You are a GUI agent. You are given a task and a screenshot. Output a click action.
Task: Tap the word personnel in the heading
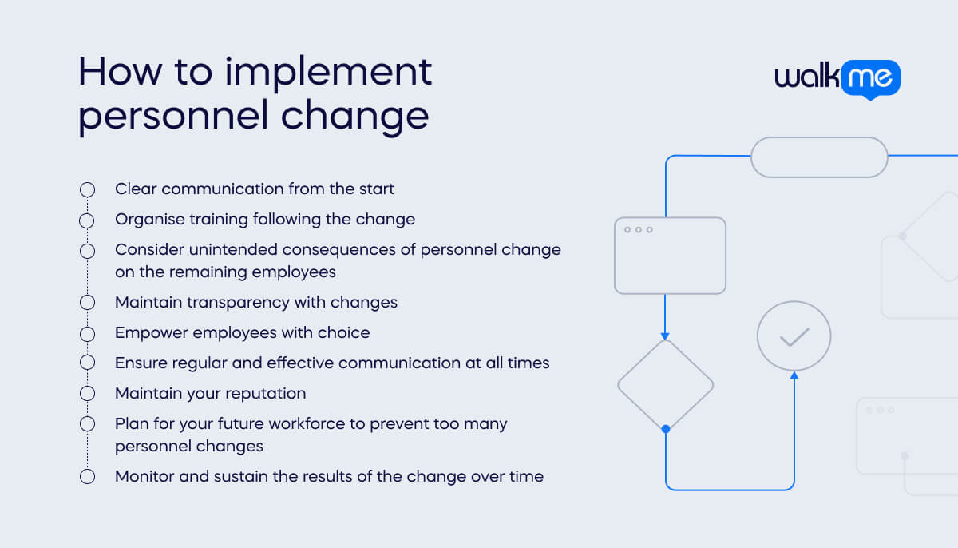tap(172, 116)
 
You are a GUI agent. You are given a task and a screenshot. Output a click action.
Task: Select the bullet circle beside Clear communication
tap(87, 189)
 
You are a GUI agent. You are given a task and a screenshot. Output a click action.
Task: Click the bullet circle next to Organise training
tap(87, 220)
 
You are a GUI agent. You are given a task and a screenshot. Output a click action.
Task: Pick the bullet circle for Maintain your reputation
tap(87, 394)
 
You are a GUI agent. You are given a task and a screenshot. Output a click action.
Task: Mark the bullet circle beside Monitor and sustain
tap(87, 477)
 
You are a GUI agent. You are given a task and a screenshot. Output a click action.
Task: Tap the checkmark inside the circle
tap(794, 337)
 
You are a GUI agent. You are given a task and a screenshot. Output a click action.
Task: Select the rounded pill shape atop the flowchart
tap(819, 157)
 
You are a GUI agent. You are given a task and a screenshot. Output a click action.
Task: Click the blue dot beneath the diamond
tap(666, 429)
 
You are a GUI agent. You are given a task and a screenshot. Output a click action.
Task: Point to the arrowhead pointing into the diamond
tap(665, 336)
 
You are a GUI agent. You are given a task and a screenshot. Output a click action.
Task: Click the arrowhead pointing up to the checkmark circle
tap(794, 375)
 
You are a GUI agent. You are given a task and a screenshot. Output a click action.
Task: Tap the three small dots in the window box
tap(638, 230)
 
